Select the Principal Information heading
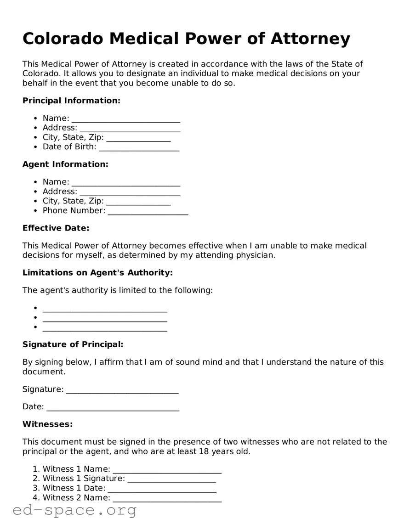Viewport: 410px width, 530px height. point(71,101)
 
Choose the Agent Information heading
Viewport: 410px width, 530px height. point(65,164)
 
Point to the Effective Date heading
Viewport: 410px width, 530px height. point(56,228)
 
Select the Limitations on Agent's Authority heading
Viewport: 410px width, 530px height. point(97,273)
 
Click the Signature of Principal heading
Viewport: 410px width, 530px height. point(73,344)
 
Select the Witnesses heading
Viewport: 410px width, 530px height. point(47,424)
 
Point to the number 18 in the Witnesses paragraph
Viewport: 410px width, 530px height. point(204,451)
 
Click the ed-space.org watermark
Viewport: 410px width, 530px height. point(74,510)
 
